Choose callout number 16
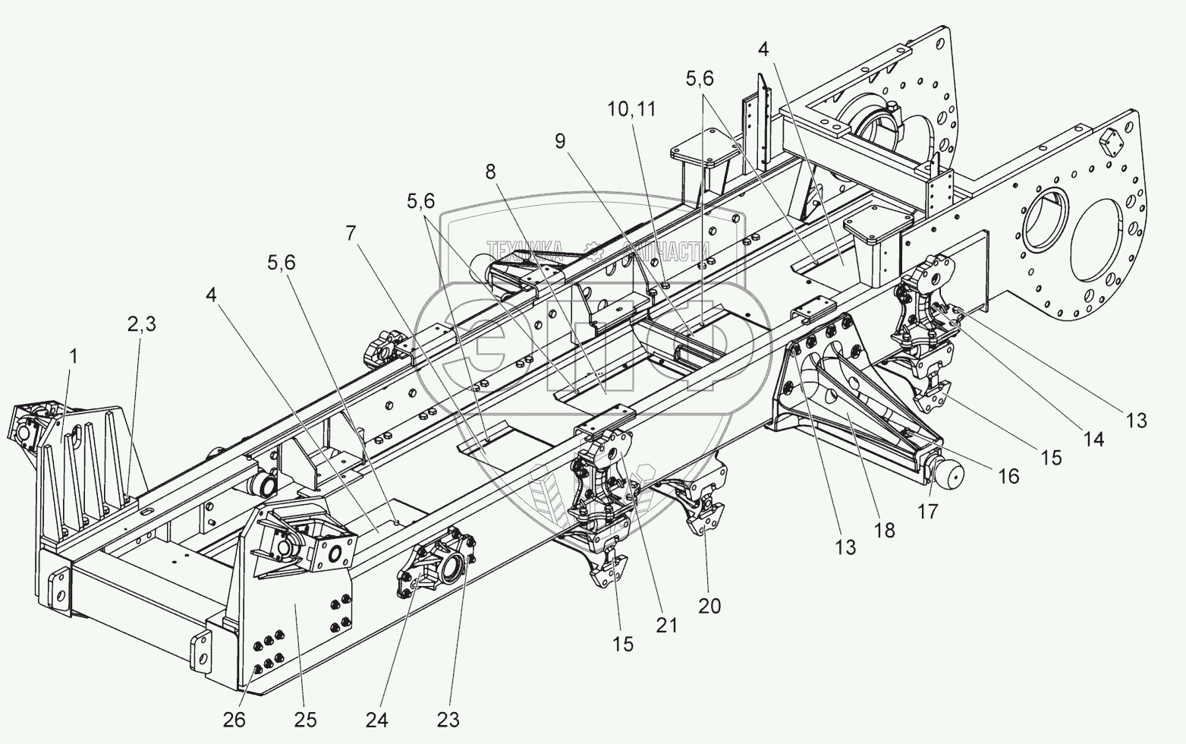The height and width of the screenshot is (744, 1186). pos(1008,476)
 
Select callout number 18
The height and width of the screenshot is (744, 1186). pos(885,529)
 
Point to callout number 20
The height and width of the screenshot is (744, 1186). pos(710,605)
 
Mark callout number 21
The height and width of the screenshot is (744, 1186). pos(667,624)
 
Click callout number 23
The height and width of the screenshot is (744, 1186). pos(447,718)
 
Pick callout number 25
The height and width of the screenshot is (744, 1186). pos(307,719)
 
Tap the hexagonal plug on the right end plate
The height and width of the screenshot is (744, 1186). pos(1112,141)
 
